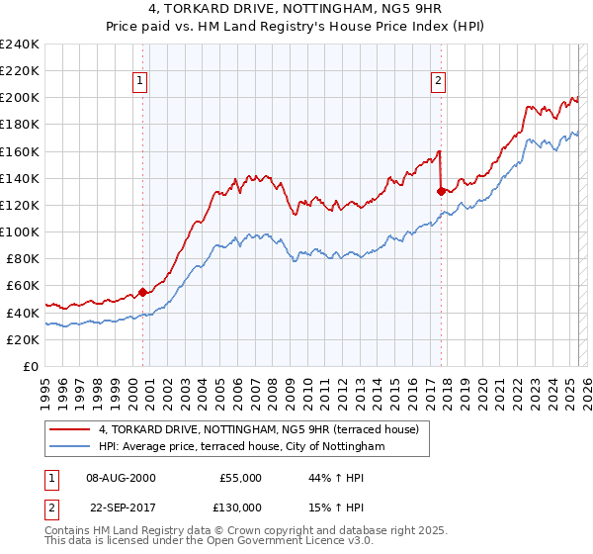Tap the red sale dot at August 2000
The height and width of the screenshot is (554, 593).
point(142,292)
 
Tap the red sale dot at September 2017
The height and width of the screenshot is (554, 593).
point(441,192)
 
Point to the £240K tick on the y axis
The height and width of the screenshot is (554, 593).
point(20,45)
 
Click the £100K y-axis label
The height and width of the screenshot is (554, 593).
point(20,231)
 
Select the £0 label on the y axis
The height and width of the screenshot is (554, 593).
point(30,366)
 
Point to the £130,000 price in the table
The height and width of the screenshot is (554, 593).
point(240,508)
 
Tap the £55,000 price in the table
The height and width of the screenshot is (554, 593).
point(240,478)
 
